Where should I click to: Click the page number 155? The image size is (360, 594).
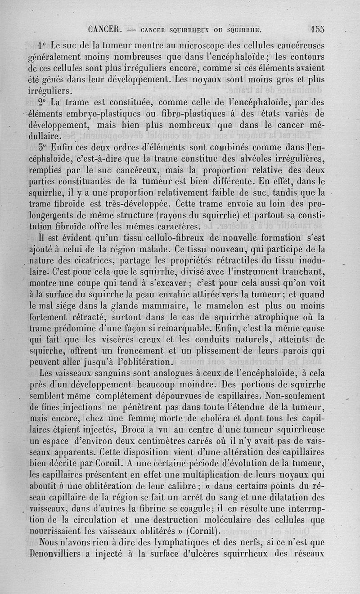pos(317,30)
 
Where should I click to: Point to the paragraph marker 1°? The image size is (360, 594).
pos(43,46)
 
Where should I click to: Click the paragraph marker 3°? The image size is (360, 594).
pos(43,147)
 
